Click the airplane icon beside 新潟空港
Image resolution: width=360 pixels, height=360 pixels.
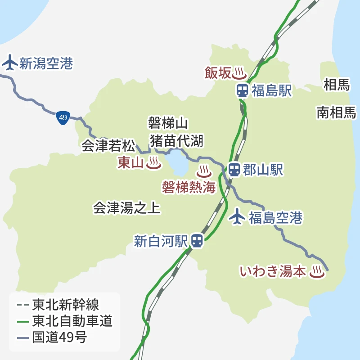point(9,63)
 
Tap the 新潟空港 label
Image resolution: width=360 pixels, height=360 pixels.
point(45,63)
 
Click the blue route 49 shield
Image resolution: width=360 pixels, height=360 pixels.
point(63,118)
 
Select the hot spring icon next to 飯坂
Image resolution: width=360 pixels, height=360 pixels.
point(239,72)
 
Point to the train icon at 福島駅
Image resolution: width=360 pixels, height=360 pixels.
point(242,90)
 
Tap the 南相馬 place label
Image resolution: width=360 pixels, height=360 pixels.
point(336,112)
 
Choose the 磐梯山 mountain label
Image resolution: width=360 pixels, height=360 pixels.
point(168,123)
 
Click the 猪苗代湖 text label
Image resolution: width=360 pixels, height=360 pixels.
point(177,140)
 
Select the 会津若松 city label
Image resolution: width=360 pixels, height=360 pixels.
point(108,146)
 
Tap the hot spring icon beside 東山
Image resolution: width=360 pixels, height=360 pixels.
point(153,163)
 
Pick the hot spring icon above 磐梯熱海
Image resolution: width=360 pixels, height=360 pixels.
point(204,171)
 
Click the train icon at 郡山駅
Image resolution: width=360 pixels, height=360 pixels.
point(234,170)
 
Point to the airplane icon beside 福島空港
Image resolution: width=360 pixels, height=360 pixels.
point(237,217)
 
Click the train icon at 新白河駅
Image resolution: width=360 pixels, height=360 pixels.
point(197,241)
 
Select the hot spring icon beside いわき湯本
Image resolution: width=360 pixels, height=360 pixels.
point(316,271)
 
